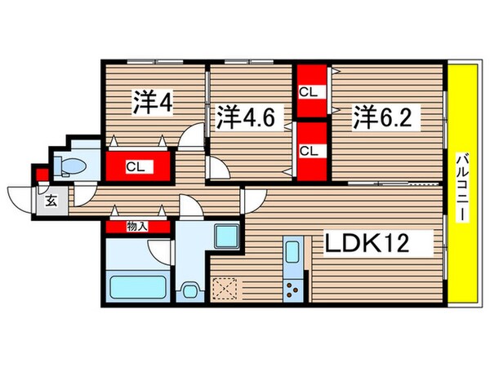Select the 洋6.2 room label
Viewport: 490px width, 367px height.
pyautogui.click(x=387, y=117)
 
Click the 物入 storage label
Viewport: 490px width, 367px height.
pyautogui.click(x=137, y=225)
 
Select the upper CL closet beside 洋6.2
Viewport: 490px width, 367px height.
pyautogui.click(x=309, y=92)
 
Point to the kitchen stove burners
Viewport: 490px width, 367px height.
pyautogui.click(x=294, y=288)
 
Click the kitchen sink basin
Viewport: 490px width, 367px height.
pyautogui.click(x=293, y=252)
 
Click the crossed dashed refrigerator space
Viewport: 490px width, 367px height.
pyautogui.click(x=225, y=289)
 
